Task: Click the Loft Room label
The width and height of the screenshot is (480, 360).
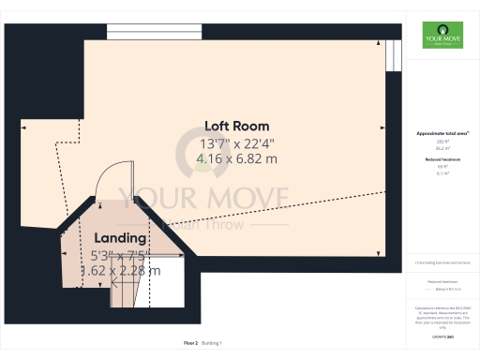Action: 236,126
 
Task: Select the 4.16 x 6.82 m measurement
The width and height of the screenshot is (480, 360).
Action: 236,159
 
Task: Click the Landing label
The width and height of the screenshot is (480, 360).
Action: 118,238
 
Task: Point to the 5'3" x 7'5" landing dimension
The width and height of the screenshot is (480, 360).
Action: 118,254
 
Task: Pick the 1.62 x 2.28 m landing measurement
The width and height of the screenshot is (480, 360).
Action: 118,271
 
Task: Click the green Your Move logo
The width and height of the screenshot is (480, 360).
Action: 440,35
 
